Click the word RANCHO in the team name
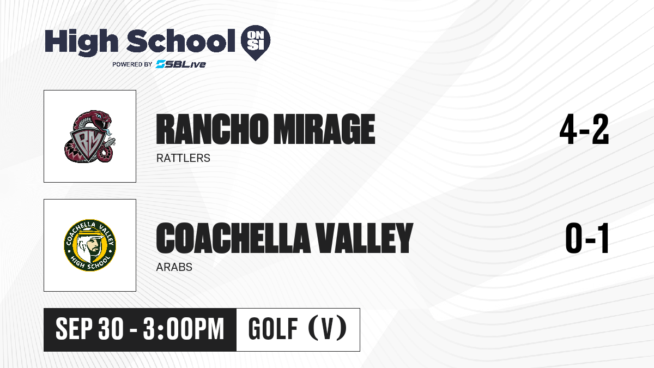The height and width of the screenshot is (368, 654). (211, 129)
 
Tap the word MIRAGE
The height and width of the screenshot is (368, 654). (324, 129)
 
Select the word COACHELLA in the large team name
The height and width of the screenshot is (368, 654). (233, 238)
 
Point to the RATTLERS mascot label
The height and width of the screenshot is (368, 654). (183, 158)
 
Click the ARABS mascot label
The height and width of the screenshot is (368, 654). (174, 267)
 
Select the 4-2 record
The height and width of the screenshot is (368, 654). (584, 129)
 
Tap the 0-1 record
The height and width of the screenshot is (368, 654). (587, 238)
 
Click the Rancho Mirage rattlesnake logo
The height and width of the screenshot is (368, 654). (89, 136)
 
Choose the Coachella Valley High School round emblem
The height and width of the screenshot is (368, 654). (90, 245)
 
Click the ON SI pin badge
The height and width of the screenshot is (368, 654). (256, 43)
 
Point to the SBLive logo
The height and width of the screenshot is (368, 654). (181, 64)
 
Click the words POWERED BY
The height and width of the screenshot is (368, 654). (132, 64)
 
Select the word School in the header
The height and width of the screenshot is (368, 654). (181, 41)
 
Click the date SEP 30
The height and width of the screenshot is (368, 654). (89, 329)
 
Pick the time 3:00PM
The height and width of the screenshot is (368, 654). (183, 329)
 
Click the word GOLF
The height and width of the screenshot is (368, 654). (273, 329)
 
